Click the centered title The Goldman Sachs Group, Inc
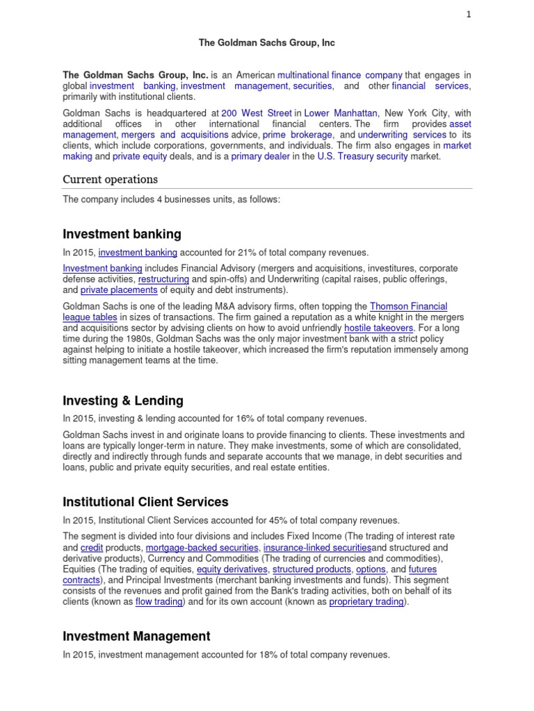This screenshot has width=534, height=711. (x=267, y=43)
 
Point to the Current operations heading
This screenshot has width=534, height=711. (x=110, y=179)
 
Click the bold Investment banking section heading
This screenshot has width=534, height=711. (x=122, y=234)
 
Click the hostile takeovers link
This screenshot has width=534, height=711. (x=378, y=328)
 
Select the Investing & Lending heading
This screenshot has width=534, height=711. (x=123, y=401)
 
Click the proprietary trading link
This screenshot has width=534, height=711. (x=366, y=602)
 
